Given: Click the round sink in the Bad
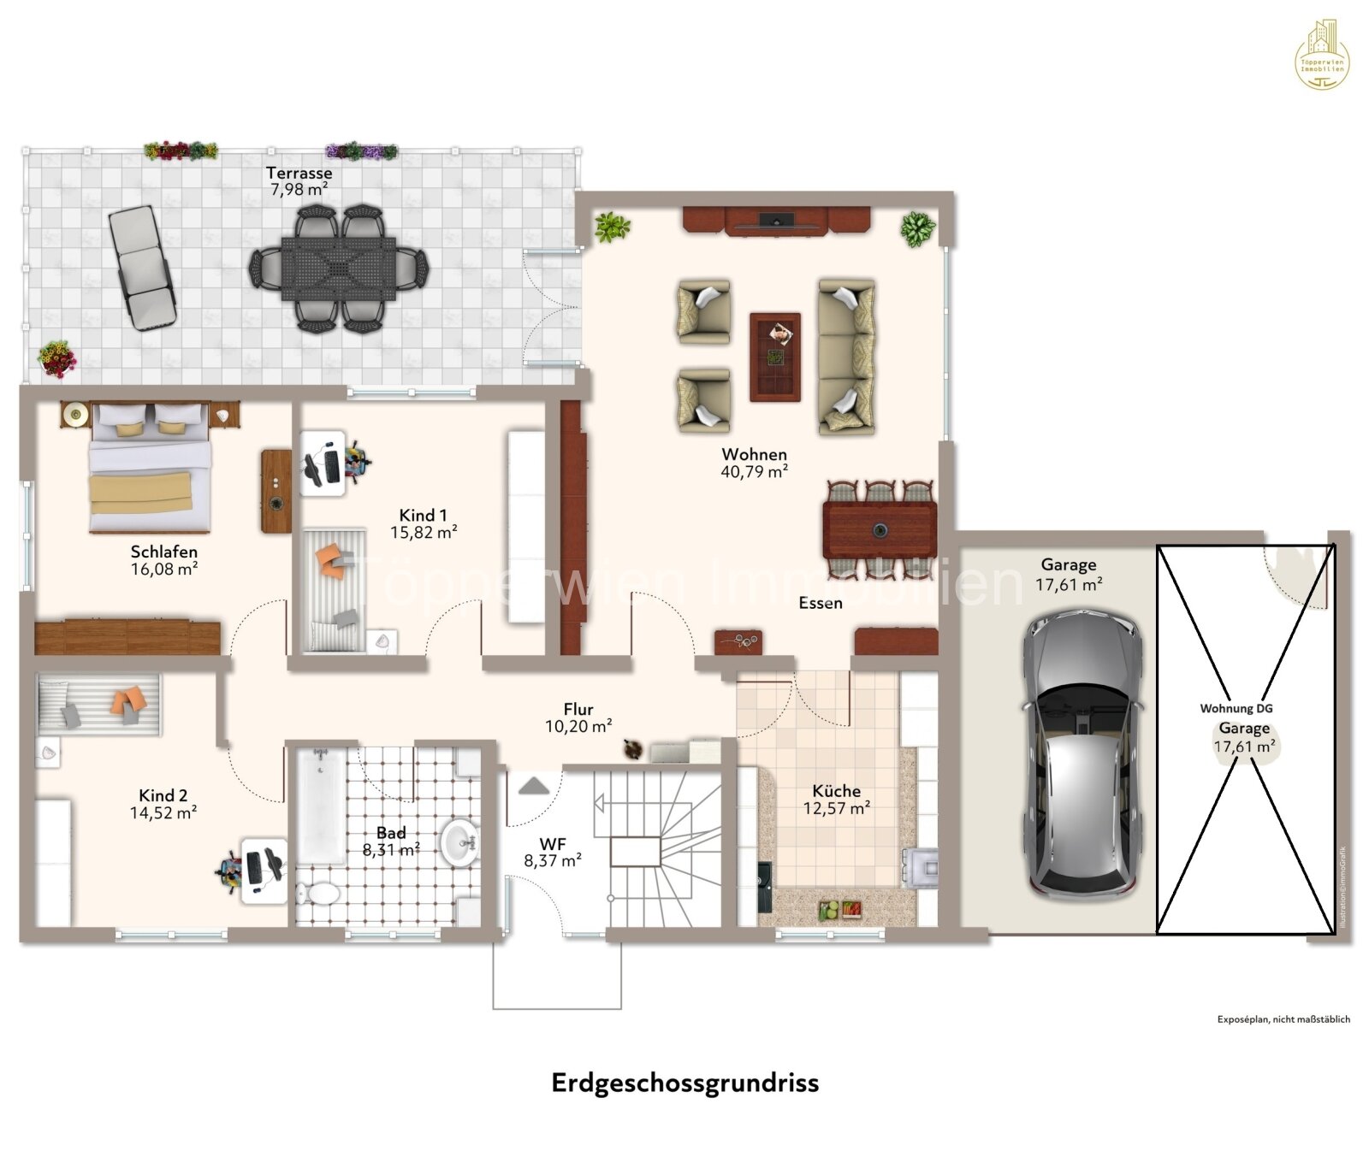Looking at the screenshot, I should pyautogui.click(x=460, y=841).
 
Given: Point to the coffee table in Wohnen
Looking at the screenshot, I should pyautogui.click(x=775, y=357).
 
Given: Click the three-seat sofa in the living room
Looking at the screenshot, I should pyautogui.click(x=846, y=356).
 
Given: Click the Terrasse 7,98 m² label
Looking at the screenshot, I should pyautogui.click(x=299, y=181).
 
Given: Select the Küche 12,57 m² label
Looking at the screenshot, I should pyautogui.click(x=836, y=799).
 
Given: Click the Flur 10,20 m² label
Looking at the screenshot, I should pyautogui.click(x=578, y=717).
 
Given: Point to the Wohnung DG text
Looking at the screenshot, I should pyautogui.click(x=1236, y=708).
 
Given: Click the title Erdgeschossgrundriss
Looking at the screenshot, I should pyautogui.click(x=684, y=1083).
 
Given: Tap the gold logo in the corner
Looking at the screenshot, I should pyautogui.click(x=1322, y=56).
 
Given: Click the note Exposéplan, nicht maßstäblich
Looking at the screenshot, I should pyautogui.click(x=1283, y=1019).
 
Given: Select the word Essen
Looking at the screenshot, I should pyautogui.click(x=821, y=603).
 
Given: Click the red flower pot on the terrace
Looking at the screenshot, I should pyautogui.click(x=56, y=358).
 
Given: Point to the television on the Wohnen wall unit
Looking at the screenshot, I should pyautogui.click(x=777, y=221).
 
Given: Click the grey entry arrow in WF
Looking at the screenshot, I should pyautogui.click(x=533, y=785).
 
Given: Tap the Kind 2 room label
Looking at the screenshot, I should pyautogui.click(x=163, y=804).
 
